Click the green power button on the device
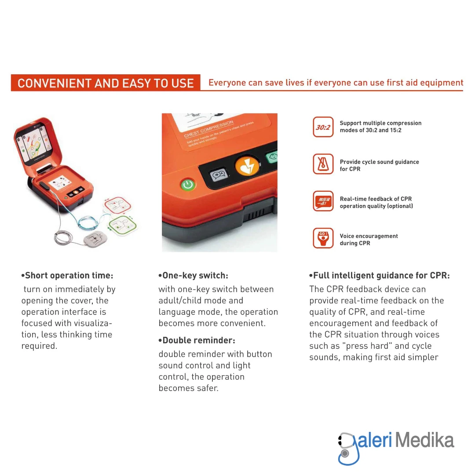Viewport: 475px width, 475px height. coord(188,184)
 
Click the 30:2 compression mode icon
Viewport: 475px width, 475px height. coord(323,127)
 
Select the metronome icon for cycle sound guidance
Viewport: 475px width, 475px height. coord(323,164)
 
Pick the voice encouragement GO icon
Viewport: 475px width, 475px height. coord(323,238)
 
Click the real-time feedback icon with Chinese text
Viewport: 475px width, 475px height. coord(323,201)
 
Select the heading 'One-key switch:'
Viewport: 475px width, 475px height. coord(193,276)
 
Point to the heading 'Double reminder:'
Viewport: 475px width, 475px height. coord(197,340)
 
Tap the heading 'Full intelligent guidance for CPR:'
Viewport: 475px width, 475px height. coord(379,276)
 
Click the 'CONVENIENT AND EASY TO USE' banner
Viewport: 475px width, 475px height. coord(106,83)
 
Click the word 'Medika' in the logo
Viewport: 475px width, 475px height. coord(424,440)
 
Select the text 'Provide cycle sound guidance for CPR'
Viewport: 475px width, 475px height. coord(379,165)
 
